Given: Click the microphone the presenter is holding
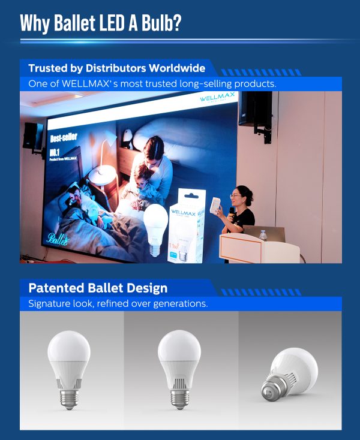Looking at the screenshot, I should coord(232,212).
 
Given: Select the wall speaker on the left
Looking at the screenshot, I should coord(32,135).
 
